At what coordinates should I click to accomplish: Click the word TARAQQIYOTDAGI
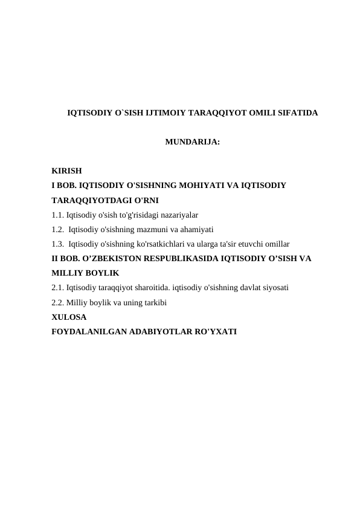(x=88, y=201)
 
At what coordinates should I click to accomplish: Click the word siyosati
(x=274, y=288)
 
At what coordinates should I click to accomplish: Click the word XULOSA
(x=69, y=317)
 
